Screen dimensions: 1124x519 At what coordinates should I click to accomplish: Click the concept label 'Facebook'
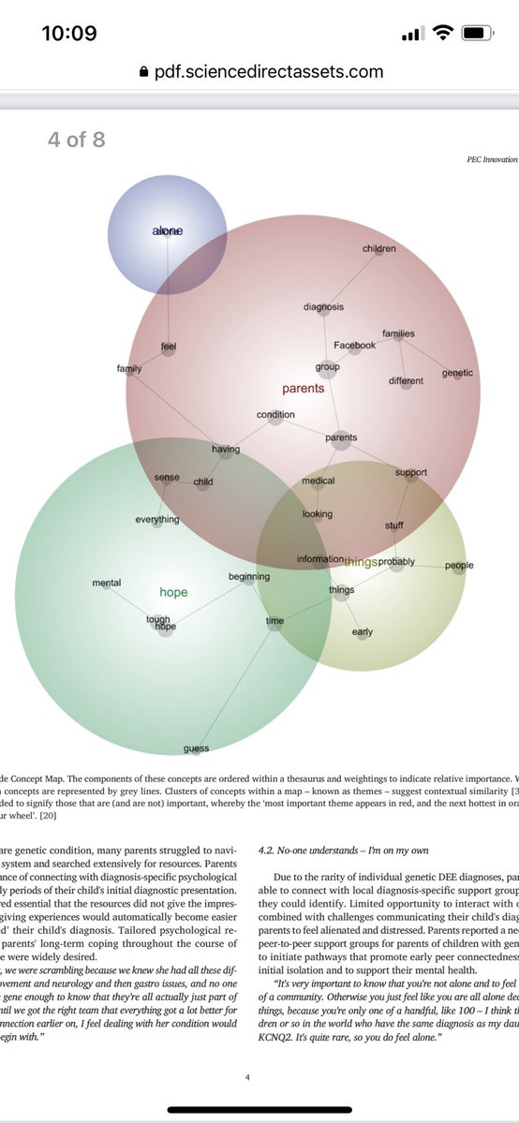click(x=354, y=346)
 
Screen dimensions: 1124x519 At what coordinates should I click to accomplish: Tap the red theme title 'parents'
click(x=303, y=388)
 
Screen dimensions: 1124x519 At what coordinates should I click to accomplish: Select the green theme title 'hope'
click(x=173, y=592)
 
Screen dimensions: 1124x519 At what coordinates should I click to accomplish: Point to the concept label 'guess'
click(x=196, y=748)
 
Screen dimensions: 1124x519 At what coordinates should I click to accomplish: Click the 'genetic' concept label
click(x=457, y=373)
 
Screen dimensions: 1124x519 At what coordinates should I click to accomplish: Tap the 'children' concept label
click(x=378, y=249)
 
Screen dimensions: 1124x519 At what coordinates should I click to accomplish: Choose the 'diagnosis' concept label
click(x=323, y=307)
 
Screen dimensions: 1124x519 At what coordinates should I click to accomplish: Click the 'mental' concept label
click(x=106, y=584)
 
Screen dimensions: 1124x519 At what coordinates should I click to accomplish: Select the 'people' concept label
click(x=459, y=566)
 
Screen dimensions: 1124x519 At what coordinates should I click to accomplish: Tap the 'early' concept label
click(x=363, y=632)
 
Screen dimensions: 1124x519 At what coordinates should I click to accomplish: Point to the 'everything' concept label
click(x=156, y=520)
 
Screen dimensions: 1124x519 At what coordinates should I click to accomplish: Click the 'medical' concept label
click(x=319, y=481)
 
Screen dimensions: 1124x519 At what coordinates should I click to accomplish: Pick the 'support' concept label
click(x=410, y=473)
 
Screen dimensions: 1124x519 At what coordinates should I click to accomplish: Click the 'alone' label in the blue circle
click(x=168, y=230)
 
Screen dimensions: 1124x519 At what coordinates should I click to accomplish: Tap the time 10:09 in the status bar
click(x=69, y=34)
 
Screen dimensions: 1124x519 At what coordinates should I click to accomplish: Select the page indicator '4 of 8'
click(x=77, y=140)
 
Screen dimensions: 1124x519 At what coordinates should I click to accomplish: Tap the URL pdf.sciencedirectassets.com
click(x=269, y=71)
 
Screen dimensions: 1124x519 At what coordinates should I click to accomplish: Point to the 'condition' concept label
click(x=275, y=415)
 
